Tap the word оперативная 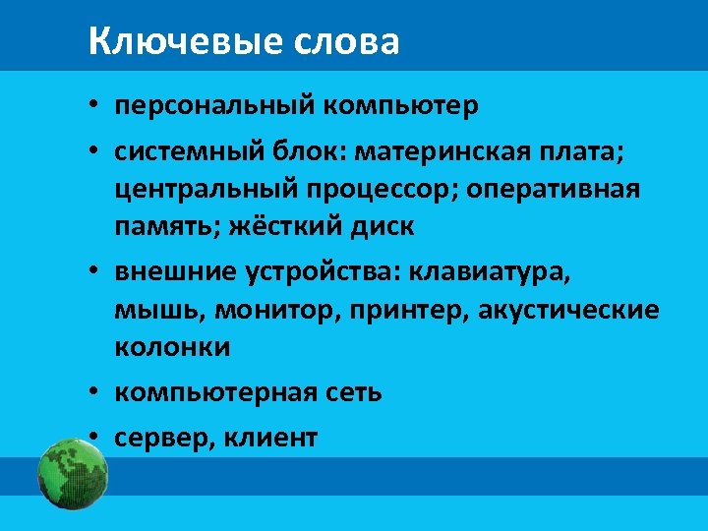[x=553, y=189]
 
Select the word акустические [x=571, y=310]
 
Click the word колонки [x=172, y=347]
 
